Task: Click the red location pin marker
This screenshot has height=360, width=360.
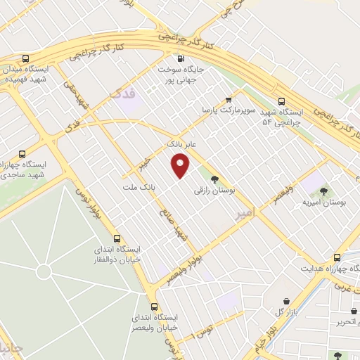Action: tap(181, 167)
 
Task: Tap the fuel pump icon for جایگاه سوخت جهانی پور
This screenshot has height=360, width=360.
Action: tap(182, 59)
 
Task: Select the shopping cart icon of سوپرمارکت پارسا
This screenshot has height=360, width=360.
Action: tap(228, 101)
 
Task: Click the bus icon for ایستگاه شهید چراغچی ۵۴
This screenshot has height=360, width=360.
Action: tap(282, 101)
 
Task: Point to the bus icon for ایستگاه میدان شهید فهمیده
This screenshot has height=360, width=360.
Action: tap(26, 59)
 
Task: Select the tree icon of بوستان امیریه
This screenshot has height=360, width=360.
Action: tap(323, 191)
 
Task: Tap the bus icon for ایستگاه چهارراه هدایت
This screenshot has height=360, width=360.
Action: tap(337, 257)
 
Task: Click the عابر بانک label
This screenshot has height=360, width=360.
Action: tap(181, 143)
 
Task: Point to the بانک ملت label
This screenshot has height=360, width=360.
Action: tap(148, 188)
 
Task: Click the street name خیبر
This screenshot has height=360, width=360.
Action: tap(145, 164)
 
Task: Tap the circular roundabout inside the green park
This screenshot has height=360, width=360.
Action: tap(44, 271)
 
